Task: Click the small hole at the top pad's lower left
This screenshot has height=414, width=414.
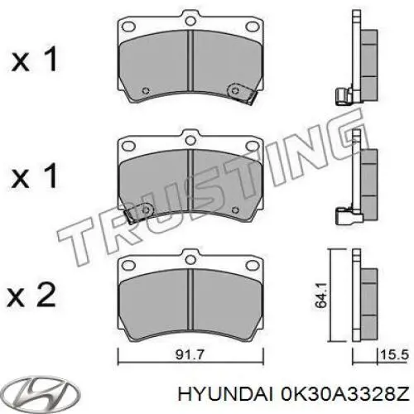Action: coord(145,90)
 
